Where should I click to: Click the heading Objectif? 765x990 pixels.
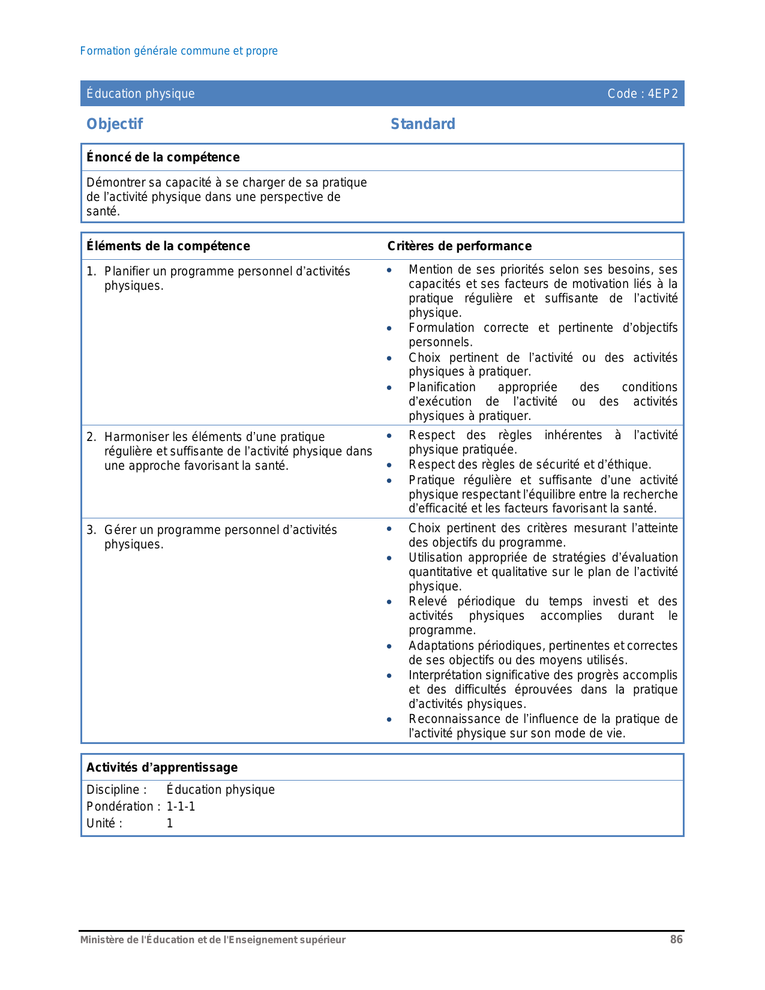coord(115,124)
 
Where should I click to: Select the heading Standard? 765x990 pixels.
coord(423,124)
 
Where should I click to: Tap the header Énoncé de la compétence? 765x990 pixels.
coord(163,157)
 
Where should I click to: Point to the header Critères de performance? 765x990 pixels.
coord(459,246)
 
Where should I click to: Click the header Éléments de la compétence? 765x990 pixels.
coord(168,246)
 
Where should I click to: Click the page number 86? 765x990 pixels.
coord(676,940)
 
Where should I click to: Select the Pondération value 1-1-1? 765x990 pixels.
coord(181,806)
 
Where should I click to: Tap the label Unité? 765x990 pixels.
coord(104,823)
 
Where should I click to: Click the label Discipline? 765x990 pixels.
coord(116,790)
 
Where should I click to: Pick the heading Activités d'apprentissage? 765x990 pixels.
coord(162,767)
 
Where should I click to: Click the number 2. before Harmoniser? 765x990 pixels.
coord(91,437)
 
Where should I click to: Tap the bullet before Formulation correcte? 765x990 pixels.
coord(389,328)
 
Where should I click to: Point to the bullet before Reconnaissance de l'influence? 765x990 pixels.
coord(389,719)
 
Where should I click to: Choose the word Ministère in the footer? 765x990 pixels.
coord(101,940)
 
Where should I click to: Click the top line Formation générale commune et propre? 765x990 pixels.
coord(179,51)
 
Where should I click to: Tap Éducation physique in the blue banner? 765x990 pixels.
coord(140,94)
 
